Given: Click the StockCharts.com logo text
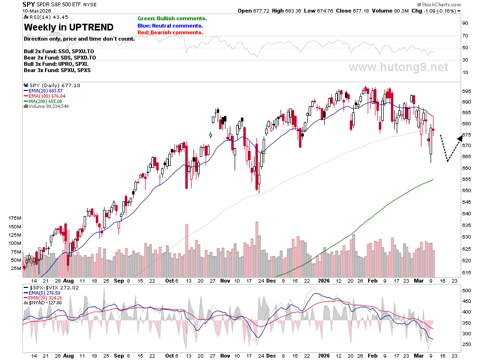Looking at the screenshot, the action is [439, 4].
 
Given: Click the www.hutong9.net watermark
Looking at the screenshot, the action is [398, 67].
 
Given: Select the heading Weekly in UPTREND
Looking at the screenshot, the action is [69, 27].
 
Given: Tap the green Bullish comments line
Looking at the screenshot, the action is [172, 19].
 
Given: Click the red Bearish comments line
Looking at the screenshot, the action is [170, 33].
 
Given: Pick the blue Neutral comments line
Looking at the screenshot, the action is [170, 26].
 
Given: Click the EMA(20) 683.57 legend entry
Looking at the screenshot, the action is [43, 91].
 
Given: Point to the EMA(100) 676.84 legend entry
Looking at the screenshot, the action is [45, 96].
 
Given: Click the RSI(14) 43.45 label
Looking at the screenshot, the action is [46, 17].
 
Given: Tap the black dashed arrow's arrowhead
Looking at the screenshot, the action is [460, 138].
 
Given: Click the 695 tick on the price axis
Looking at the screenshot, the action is [466, 91].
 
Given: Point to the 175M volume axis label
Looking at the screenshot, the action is [15, 218].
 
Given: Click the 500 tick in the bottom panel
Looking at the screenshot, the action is [466, 290].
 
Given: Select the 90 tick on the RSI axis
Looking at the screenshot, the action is [465, 23].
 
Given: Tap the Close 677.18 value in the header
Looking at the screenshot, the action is [353, 11].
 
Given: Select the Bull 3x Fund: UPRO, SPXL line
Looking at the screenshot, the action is [56, 64].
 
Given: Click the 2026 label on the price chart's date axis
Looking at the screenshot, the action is [324, 281].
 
